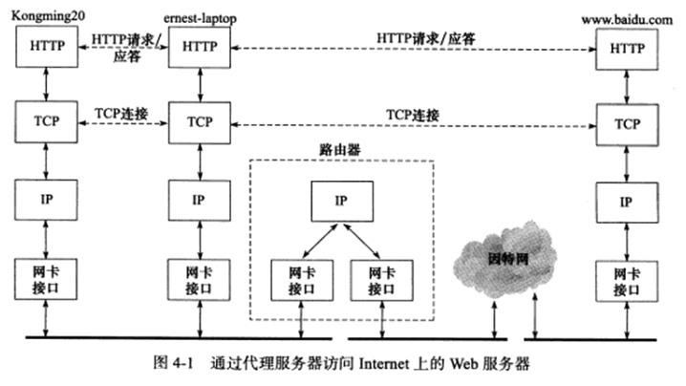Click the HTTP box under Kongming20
pos(47,47)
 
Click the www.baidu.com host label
pos(626,17)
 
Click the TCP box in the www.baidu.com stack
pos(626,124)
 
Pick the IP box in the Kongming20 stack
pos(47,201)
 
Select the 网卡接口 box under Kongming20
pos(47,279)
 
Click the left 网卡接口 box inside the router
pos(301,279)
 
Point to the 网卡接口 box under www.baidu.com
pos(626,279)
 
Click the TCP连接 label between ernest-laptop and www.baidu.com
pos(413,115)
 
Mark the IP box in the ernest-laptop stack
pos(199,201)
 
